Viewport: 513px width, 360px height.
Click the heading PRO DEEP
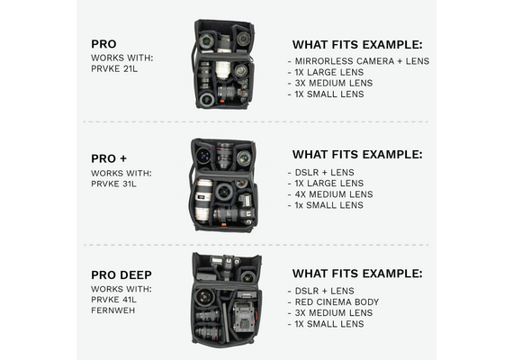coord(121,274)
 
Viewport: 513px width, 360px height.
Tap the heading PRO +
coord(109,158)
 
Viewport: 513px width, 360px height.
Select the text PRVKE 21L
coord(114,69)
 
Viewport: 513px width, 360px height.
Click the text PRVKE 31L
coord(113,184)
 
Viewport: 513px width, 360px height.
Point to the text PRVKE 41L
coord(114,300)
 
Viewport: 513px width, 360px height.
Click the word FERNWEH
coord(113,310)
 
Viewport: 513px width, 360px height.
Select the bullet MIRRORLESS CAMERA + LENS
coord(362,61)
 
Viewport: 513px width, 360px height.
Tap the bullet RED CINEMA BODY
coord(337,302)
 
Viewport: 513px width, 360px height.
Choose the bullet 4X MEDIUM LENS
coord(334,194)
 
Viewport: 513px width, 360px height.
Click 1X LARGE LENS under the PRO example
coord(329,72)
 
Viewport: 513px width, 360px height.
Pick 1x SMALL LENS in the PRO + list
coord(329,205)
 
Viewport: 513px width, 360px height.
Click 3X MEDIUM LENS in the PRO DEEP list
coord(334,313)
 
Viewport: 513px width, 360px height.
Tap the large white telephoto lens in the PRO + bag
coord(202,201)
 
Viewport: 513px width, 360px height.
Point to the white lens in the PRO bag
coord(223,69)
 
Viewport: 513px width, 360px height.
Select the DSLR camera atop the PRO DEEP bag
coord(225,265)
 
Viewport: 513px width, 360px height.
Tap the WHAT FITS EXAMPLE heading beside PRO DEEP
coord(357,274)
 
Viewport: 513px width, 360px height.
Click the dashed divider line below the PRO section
coord(256,121)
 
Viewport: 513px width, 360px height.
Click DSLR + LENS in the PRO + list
coord(325,173)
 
